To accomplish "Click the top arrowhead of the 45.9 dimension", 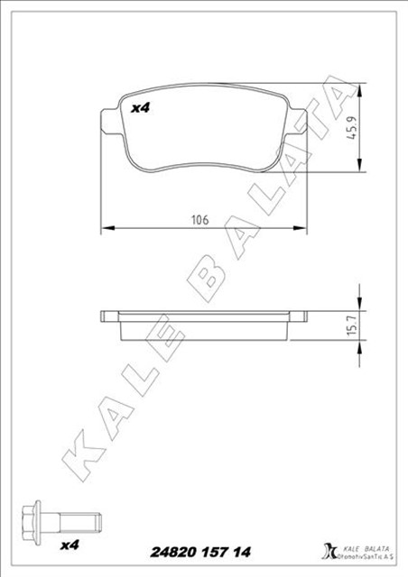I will [x=361, y=89].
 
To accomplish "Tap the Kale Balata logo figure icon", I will [x=328, y=549].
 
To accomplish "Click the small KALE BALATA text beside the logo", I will [x=365, y=543].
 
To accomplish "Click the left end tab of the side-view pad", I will [x=108, y=316].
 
